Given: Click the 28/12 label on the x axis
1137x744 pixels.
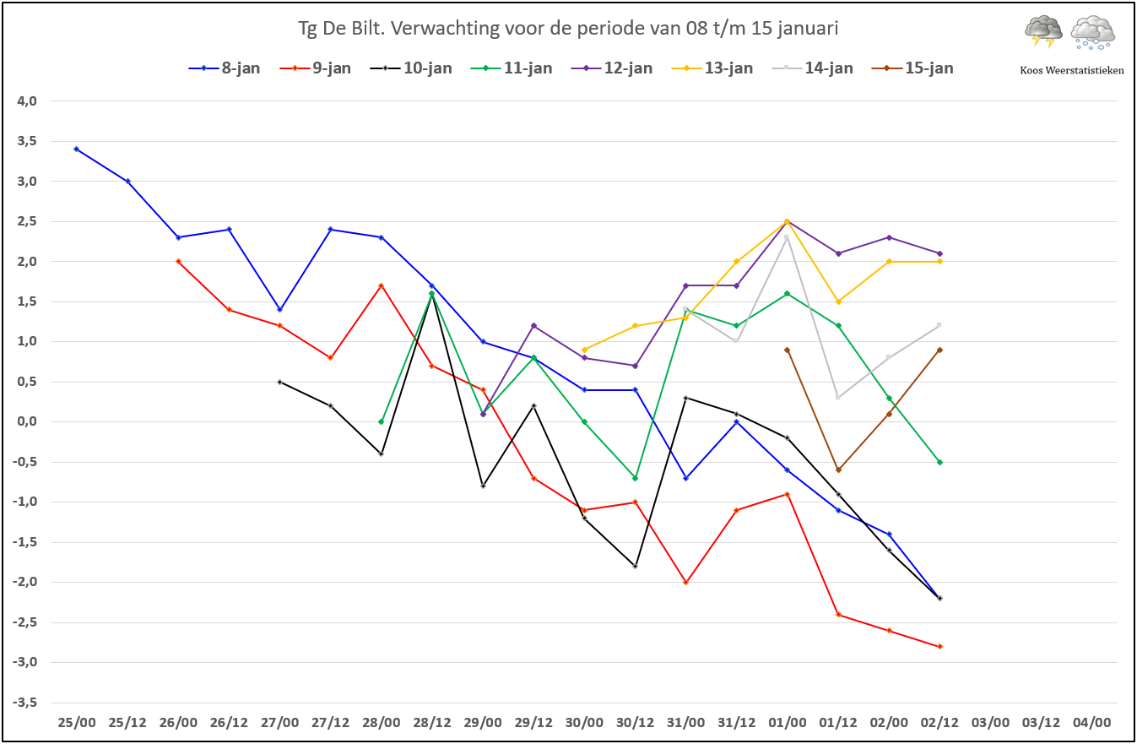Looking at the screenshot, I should click(432, 723).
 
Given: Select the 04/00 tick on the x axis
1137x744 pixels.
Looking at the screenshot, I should click(1091, 723).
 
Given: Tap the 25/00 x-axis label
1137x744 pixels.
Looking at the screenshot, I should click(77, 723).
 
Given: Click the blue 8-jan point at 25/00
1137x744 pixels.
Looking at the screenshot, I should click(77, 149).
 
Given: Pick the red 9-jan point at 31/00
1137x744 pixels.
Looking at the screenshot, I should click(685, 583).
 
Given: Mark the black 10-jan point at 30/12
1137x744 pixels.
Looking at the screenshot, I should click(635, 567).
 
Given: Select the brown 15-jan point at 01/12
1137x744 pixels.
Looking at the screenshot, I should click(838, 470).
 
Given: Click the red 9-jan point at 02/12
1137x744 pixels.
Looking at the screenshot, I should click(939, 647).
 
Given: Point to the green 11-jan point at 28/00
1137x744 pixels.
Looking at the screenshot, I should click(382, 422).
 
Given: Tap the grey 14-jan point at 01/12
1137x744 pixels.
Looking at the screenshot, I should click(838, 398).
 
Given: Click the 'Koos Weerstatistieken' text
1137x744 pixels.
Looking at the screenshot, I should click(1072, 71).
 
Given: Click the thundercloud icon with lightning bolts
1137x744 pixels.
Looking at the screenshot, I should click(1043, 32).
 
